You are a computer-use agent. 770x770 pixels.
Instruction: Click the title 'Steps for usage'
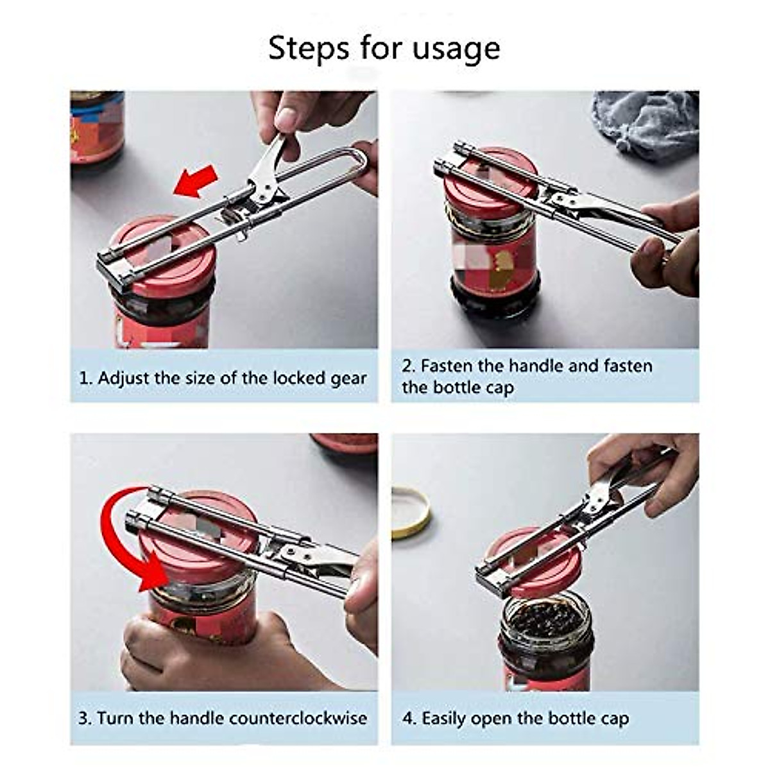click(384, 49)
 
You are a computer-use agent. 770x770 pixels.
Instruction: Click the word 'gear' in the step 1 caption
click(348, 378)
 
